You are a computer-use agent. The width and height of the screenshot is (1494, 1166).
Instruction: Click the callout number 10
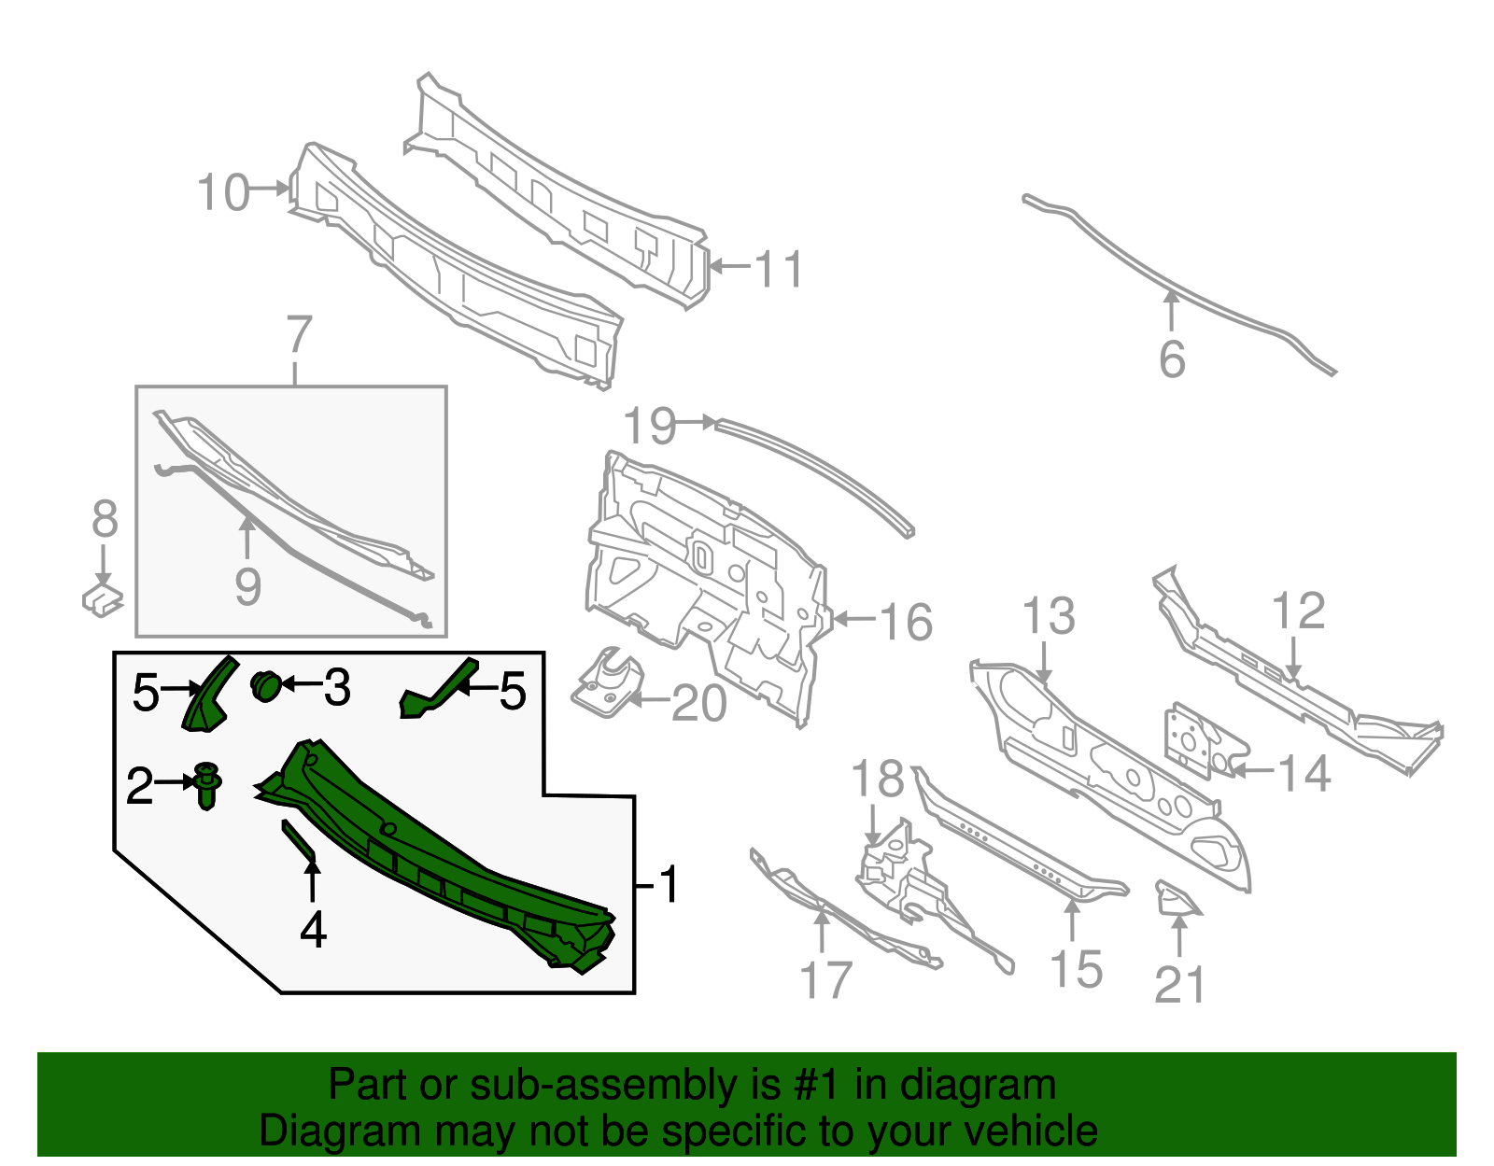point(223,193)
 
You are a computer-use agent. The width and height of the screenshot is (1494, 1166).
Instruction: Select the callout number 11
point(778,270)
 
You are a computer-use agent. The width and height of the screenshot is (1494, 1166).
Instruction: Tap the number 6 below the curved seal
point(1172,359)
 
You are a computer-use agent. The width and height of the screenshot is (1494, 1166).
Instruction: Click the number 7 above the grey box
point(298,334)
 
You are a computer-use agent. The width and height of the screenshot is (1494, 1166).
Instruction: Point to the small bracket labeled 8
point(102,597)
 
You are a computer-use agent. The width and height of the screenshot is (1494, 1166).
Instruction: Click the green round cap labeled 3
point(266,686)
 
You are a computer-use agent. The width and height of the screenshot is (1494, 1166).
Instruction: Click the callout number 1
point(669,884)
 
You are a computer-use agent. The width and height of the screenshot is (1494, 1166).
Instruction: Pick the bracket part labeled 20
point(608,686)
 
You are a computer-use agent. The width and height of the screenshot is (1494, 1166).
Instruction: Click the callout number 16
point(906,622)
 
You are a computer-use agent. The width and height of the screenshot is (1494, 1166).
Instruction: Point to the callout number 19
point(649,426)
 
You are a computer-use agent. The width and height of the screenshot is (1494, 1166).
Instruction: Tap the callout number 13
point(1049,617)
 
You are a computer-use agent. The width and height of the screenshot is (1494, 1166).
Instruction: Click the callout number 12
point(1298,611)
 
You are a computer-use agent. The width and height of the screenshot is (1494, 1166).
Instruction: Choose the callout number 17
point(826,981)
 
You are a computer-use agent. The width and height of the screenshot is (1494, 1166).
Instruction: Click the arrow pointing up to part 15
point(1073,920)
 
